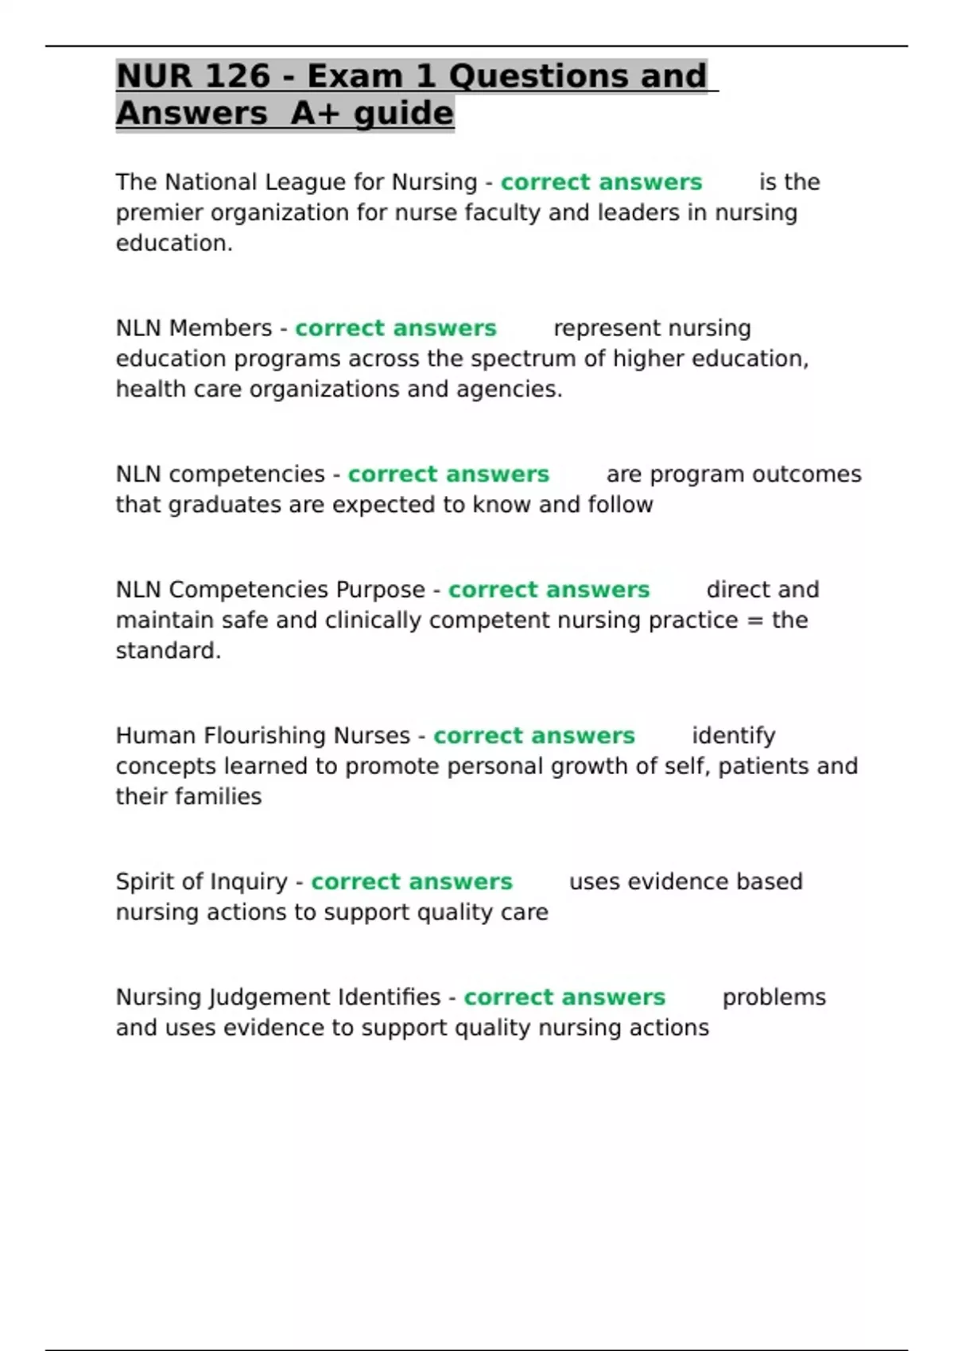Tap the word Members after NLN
220,328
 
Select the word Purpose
380,590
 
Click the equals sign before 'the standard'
754,621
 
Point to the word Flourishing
263,736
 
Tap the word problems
774,997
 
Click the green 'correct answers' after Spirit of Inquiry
411,882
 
